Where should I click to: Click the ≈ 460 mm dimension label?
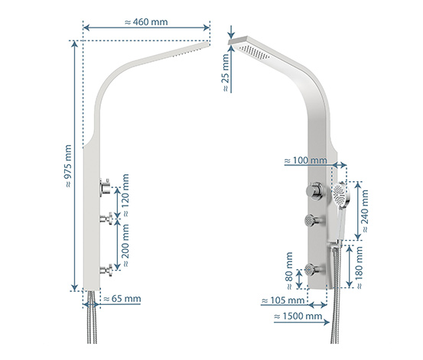pyautogui.click(x=146, y=22)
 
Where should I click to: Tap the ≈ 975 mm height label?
pyautogui.click(x=69, y=166)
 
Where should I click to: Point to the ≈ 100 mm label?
pyautogui.click(x=306, y=161)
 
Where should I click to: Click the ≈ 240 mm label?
pyautogui.click(x=364, y=211)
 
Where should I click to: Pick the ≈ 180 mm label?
pyautogui.click(x=359, y=268)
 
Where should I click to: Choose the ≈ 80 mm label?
pyautogui.click(x=288, y=271)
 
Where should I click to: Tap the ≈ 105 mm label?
pyautogui.click(x=283, y=300)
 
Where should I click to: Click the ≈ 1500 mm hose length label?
pyautogui.click(x=298, y=316)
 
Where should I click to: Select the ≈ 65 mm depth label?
pyautogui.click(x=122, y=299)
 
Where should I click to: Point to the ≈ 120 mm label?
pyautogui.click(x=125, y=195)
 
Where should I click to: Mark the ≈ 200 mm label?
pyautogui.click(x=125, y=245)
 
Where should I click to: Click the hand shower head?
pyautogui.click(x=340, y=196)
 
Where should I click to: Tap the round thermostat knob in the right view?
pyautogui.click(x=314, y=191)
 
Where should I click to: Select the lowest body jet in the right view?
pyautogui.click(x=314, y=269)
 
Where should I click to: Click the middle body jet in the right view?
pyautogui.click(x=314, y=220)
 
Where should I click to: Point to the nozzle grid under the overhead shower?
pyautogui.click(x=254, y=52)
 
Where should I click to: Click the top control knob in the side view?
pyautogui.click(x=105, y=186)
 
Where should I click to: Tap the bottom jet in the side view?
pyautogui.click(x=106, y=271)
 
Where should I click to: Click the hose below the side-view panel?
pyautogui.click(x=93, y=317)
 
